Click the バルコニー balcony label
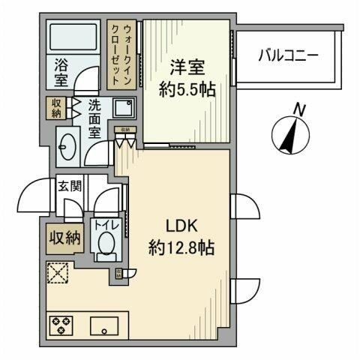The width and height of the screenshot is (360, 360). click(x=289, y=55)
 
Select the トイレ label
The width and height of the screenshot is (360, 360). click(x=105, y=223)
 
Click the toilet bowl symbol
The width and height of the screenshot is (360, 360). click(x=106, y=244)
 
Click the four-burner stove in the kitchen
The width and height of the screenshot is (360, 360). click(x=60, y=326)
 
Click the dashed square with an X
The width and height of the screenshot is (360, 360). click(x=58, y=274)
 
